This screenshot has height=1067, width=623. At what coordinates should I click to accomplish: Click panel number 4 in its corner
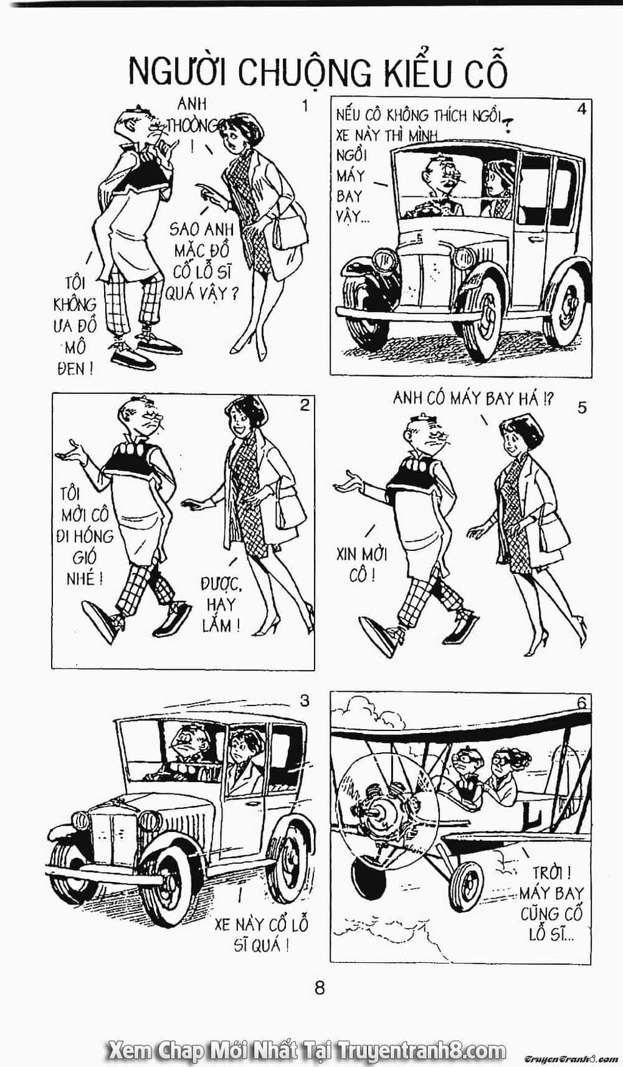point(581,109)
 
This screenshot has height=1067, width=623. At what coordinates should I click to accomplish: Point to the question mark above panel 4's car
point(509,125)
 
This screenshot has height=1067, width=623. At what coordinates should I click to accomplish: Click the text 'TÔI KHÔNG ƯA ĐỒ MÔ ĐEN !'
point(75,327)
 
